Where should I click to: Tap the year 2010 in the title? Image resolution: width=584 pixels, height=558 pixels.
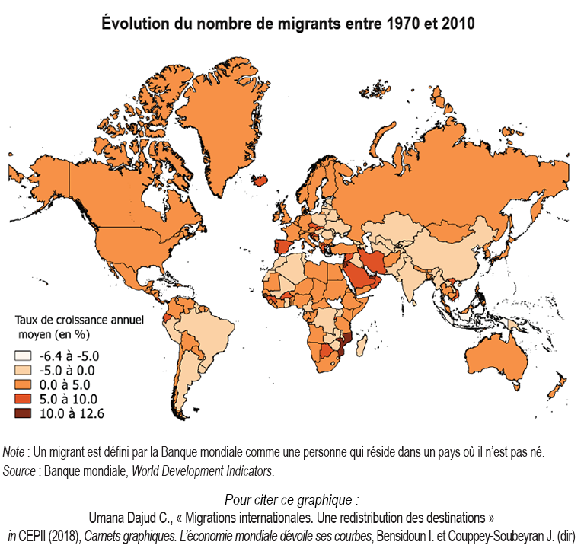(452, 24)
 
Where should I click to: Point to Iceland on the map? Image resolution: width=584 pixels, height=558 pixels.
(260, 181)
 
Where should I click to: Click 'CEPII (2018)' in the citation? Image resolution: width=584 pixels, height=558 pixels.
(53, 536)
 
